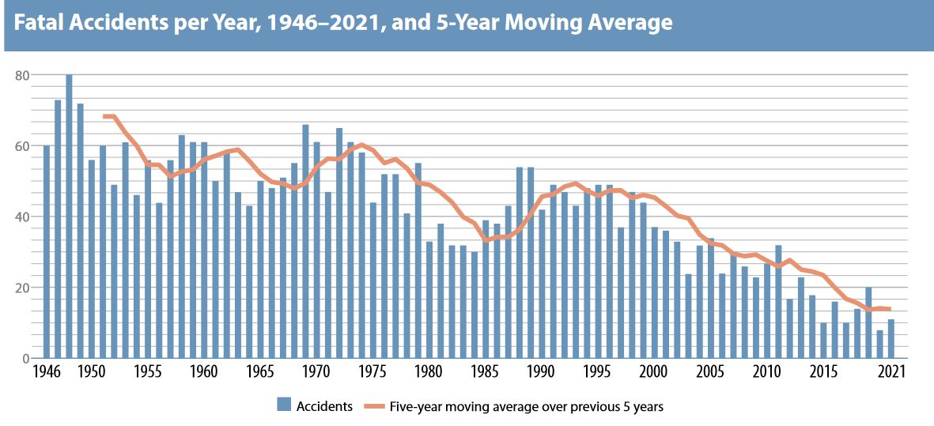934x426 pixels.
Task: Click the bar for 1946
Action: (47, 252)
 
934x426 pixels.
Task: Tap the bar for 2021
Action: (891, 339)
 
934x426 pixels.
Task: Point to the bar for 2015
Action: (823, 341)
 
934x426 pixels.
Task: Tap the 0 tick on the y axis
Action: (25, 359)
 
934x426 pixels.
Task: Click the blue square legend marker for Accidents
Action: (284, 406)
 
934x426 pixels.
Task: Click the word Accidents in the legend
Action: (324, 406)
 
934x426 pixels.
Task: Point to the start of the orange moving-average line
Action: (104, 117)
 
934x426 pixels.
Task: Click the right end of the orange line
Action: (891, 309)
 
